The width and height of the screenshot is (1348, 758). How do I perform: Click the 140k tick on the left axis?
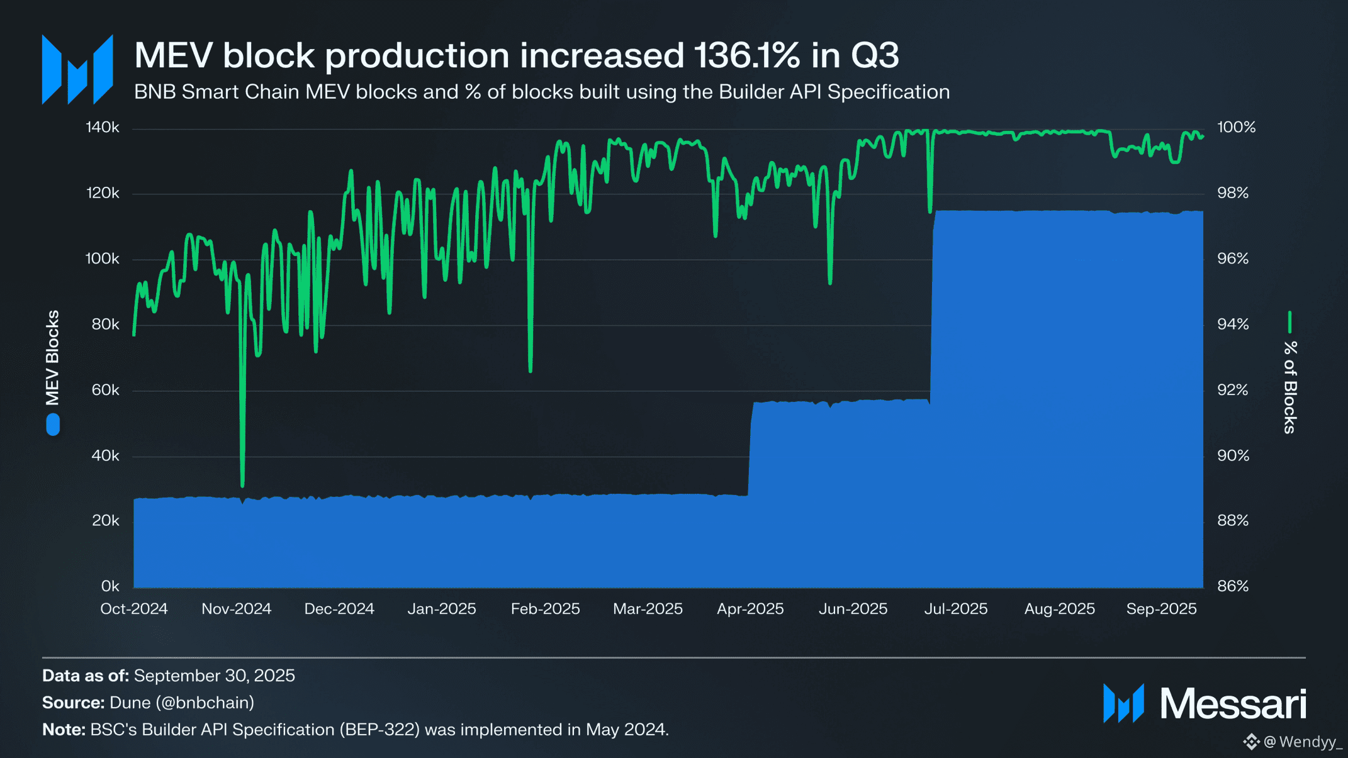pos(103,128)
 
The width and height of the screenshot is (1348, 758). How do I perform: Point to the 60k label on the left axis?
pos(105,390)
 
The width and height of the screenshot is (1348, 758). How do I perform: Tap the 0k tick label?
pos(110,586)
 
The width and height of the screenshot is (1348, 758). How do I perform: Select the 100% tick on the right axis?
pos(1236,128)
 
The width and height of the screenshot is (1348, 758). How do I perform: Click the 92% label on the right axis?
pos(1233,390)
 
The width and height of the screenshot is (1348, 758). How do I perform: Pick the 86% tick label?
pos(1233,586)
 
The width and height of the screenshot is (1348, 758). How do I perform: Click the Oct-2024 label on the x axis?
pos(134,609)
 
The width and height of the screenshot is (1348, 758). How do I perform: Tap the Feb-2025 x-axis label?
pos(545,609)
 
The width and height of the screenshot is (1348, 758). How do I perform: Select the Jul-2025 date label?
pos(955,609)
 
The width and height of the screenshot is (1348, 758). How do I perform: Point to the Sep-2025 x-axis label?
pos(1161,609)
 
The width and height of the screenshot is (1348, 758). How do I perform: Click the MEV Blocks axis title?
pos(52,357)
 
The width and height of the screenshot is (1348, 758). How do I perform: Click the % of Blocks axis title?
pos(1290,387)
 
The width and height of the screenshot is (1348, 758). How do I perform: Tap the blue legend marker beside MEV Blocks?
pos(53,425)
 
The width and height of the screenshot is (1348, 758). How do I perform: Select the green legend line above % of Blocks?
pos(1289,321)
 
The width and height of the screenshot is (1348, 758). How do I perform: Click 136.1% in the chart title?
pos(747,55)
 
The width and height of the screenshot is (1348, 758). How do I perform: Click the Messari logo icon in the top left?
pos(77,69)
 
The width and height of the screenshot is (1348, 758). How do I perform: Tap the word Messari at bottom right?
pos(1233,704)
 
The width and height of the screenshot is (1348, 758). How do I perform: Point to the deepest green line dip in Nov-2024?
pos(242,484)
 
